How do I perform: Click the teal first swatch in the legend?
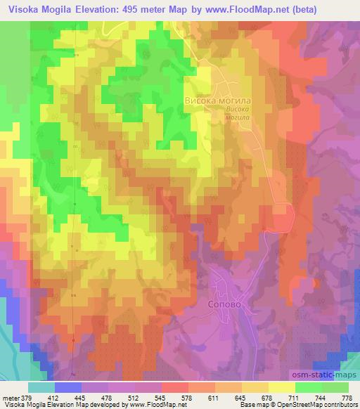(41, 388)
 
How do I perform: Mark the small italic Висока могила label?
(238, 113)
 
